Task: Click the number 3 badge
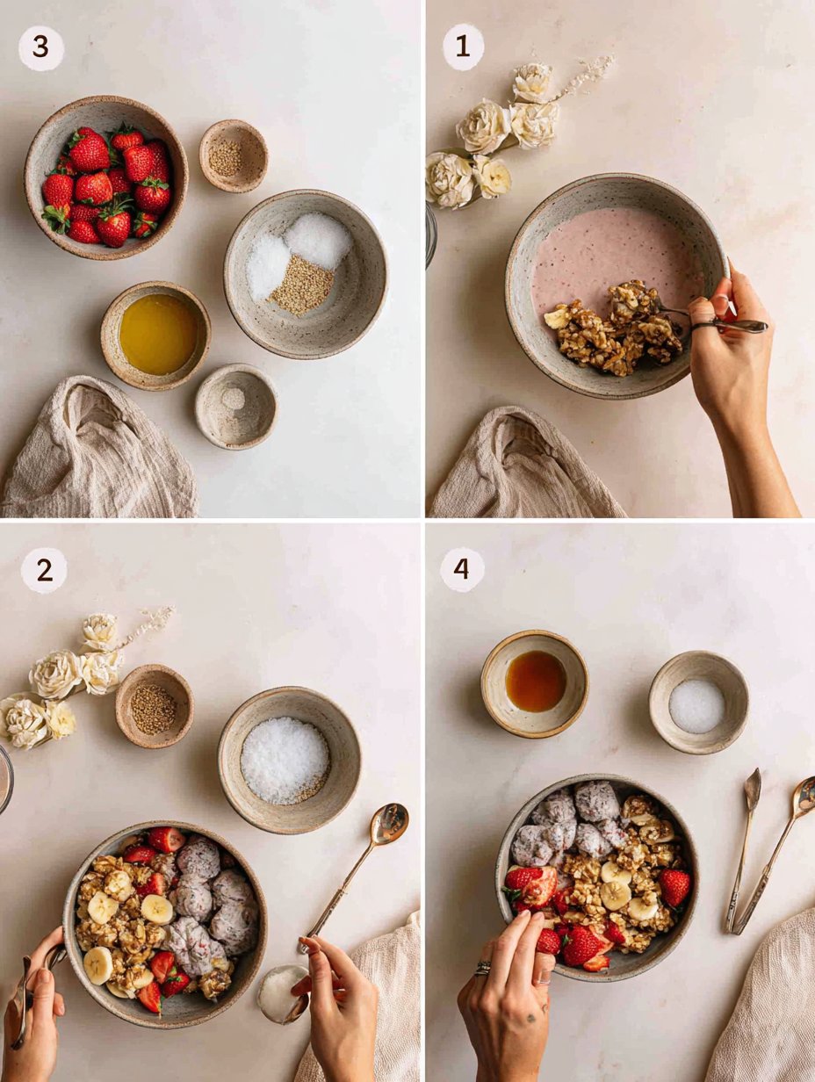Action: tap(41, 48)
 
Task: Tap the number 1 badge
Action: tap(463, 47)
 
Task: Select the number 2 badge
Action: tap(44, 571)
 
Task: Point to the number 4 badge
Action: tap(462, 570)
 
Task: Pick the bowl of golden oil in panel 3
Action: tap(156, 334)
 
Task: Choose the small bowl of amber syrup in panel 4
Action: tap(535, 682)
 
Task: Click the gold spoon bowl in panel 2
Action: tap(389, 823)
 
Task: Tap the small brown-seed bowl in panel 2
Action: tap(154, 707)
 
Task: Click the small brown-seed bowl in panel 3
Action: tap(233, 156)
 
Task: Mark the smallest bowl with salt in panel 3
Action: tap(235, 405)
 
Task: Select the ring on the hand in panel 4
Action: tap(483, 968)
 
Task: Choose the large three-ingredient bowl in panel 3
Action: tap(305, 272)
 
